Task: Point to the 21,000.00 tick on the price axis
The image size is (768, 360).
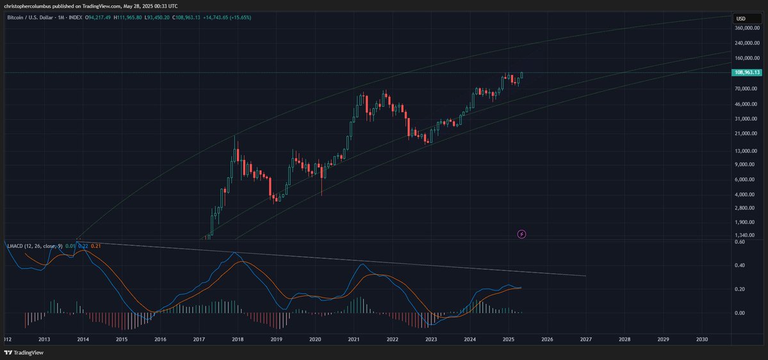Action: coord(747,133)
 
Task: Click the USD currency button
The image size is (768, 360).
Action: coord(740,18)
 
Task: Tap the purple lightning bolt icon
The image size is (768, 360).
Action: coord(521,234)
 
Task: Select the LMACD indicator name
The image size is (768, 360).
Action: coord(15,245)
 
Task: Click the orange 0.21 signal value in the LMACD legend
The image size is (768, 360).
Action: coord(97,245)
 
